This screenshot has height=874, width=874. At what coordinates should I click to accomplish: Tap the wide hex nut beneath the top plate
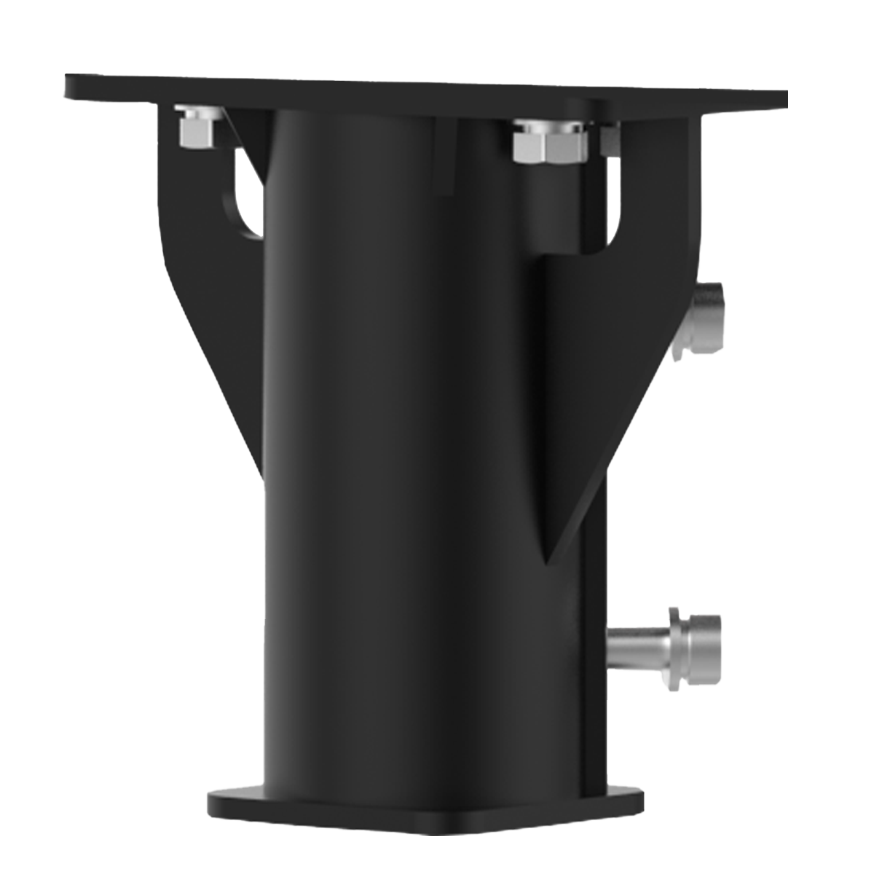click(x=550, y=144)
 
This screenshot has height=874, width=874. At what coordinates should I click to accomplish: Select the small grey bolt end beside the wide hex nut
click(x=610, y=139)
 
